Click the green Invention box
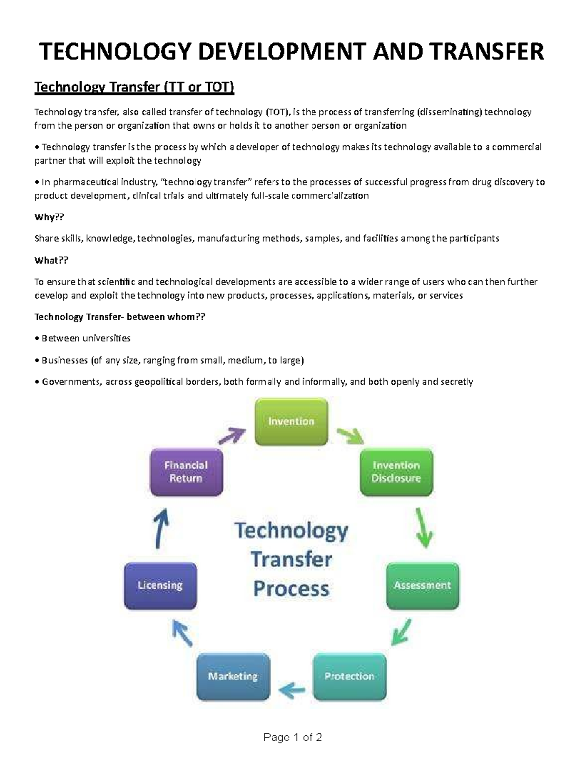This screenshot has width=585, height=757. point(291,422)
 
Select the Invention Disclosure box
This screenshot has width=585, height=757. point(396,472)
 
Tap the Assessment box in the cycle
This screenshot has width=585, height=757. point(422,585)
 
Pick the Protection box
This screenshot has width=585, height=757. point(350,677)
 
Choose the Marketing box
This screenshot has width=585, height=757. point(233,677)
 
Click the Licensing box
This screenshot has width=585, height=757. point(160,585)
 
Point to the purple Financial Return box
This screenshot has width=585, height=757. point(186,472)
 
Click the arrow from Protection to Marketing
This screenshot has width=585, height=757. point(292,689)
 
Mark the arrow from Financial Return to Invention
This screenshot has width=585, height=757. point(232,435)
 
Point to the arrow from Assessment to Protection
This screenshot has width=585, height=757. point(401,632)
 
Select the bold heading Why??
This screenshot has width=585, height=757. point(49,217)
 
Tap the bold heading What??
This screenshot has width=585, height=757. point(51,260)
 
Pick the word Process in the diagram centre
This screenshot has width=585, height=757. point(291,589)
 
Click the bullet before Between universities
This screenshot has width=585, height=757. point(37,338)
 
